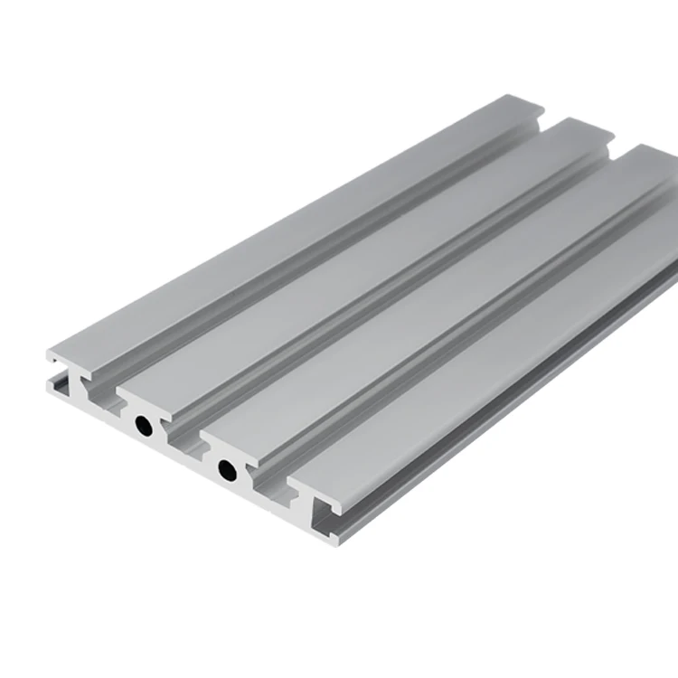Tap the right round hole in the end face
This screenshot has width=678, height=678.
[226, 470]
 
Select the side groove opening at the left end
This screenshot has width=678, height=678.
[60, 384]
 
